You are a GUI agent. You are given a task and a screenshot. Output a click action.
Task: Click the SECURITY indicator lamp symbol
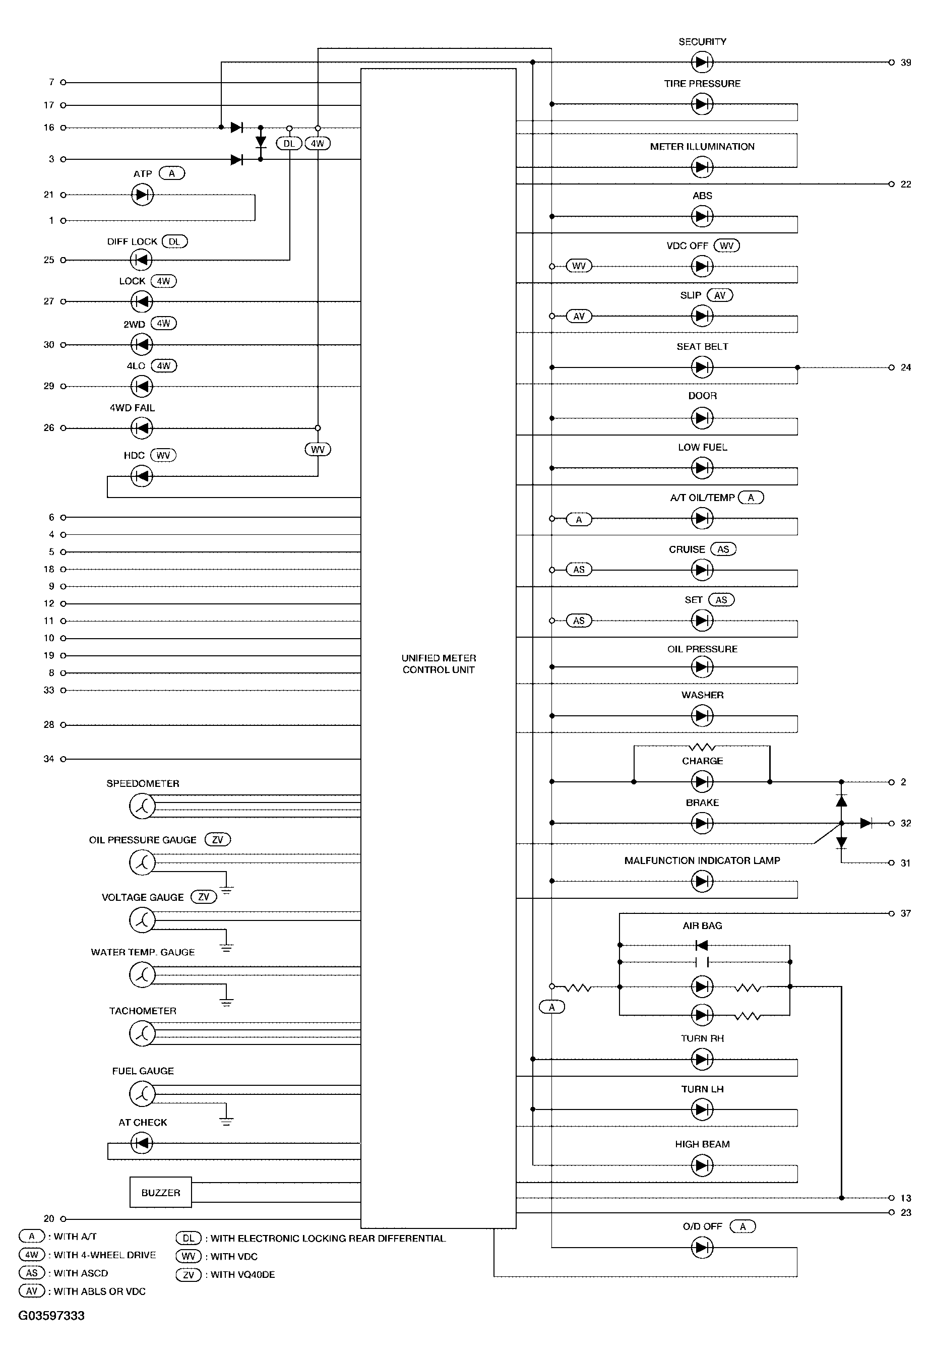click(x=702, y=62)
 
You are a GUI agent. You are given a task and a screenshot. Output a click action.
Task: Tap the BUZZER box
click(x=161, y=1192)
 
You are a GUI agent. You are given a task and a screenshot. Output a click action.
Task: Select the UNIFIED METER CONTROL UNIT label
click(x=439, y=664)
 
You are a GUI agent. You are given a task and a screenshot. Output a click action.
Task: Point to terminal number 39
click(x=905, y=63)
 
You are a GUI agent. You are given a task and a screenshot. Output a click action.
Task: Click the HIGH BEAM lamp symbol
click(x=702, y=1166)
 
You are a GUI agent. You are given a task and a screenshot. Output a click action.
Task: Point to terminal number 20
click(x=49, y=1218)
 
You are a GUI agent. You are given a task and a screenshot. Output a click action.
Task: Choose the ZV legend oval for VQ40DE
click(x=188, y=1274)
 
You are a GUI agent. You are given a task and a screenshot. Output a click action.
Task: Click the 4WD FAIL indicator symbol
click(x=141, y=428)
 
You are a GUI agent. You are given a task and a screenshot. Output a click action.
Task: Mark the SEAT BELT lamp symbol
click(x=702, y=367)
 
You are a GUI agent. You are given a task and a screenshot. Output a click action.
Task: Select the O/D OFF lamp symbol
click(x=702, y=1248)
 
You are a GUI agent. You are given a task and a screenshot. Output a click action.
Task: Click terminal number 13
click(x=905, y=1198)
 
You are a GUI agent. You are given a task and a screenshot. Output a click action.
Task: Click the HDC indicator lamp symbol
click(x=141, y=476)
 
